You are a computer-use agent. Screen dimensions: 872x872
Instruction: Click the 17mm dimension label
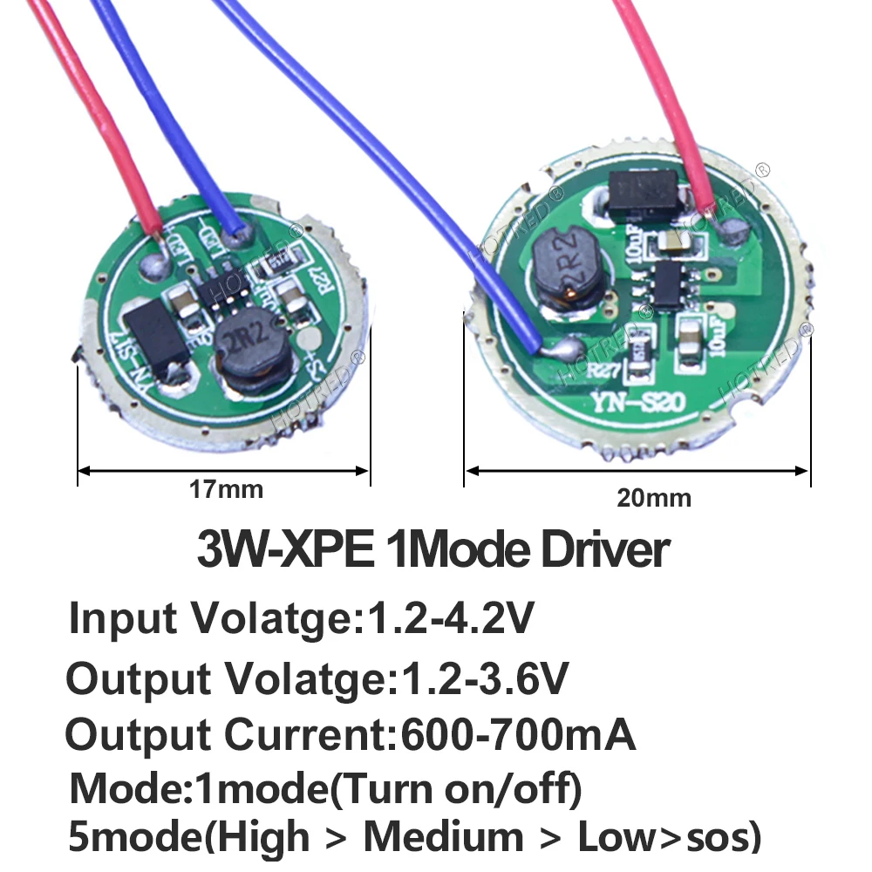point(226,489)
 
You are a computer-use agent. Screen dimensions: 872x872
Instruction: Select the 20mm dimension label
point(653,498)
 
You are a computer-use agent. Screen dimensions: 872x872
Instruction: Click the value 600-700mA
point(517,735)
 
